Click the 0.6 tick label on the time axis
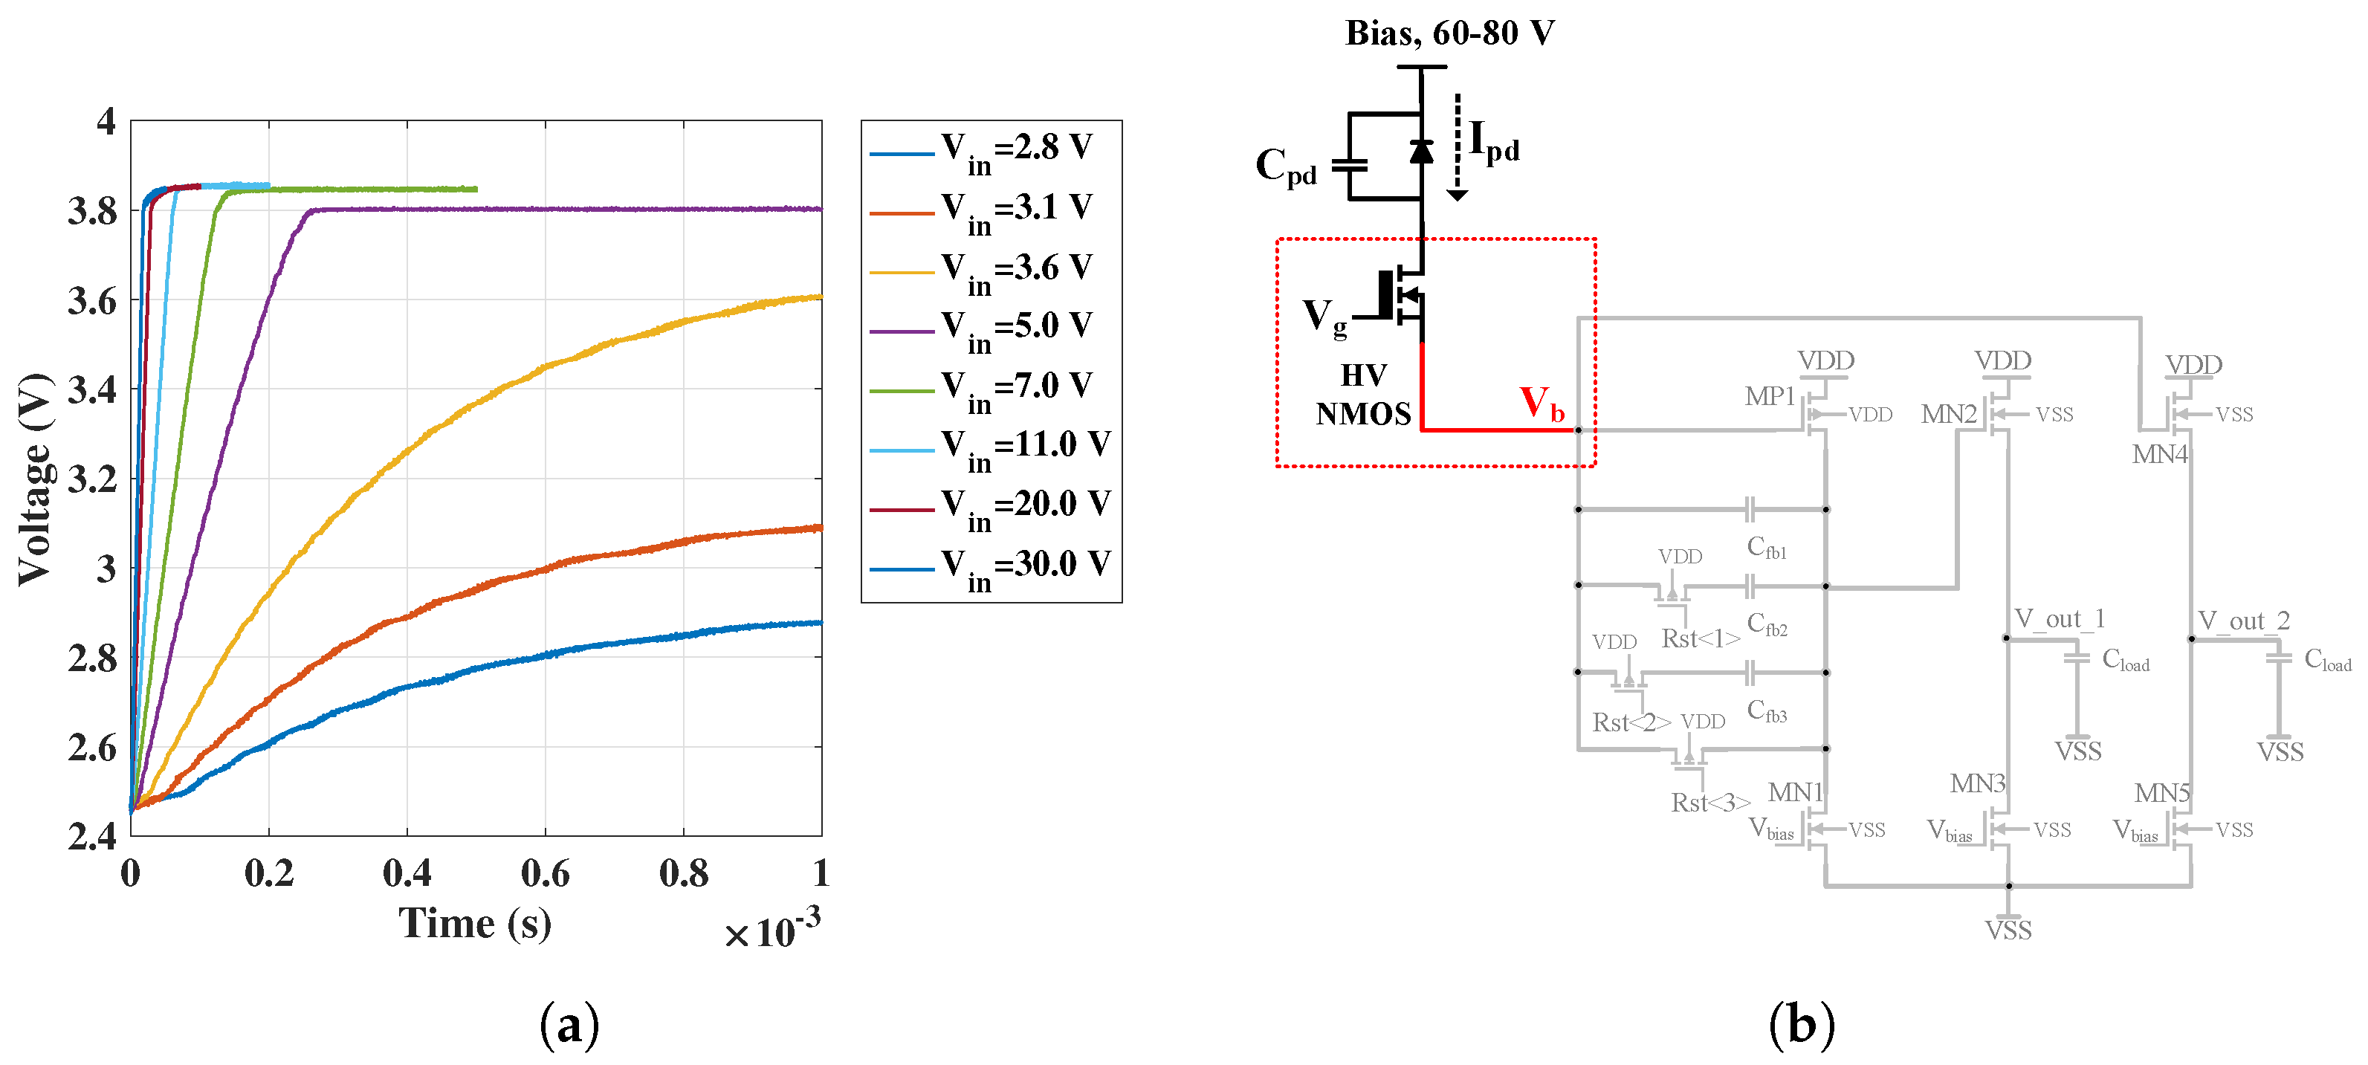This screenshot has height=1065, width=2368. pyautogui.click(x=545, y=873)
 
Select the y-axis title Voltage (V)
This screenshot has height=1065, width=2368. pyautogui.click(x=35, y=479)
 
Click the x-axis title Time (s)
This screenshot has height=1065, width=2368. pyautogui.click(x=474, y=922)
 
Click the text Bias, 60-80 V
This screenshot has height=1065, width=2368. pyautogui.click(x=1449, y=33)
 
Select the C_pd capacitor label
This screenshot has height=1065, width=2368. pyautogui.click(x=1285, y=167)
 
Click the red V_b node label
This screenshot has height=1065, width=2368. pyautogui.click(x=1542, y=404)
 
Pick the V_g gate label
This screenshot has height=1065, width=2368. pyautogui.click(x=1324, y=317)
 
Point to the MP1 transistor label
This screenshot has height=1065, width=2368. pyautogui.click(x=1770, y=397)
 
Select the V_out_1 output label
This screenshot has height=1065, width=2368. pyautogui.click(x=2059, y=618)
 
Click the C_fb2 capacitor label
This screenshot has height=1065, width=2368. pyautogui.click(x=1767, y=624)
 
